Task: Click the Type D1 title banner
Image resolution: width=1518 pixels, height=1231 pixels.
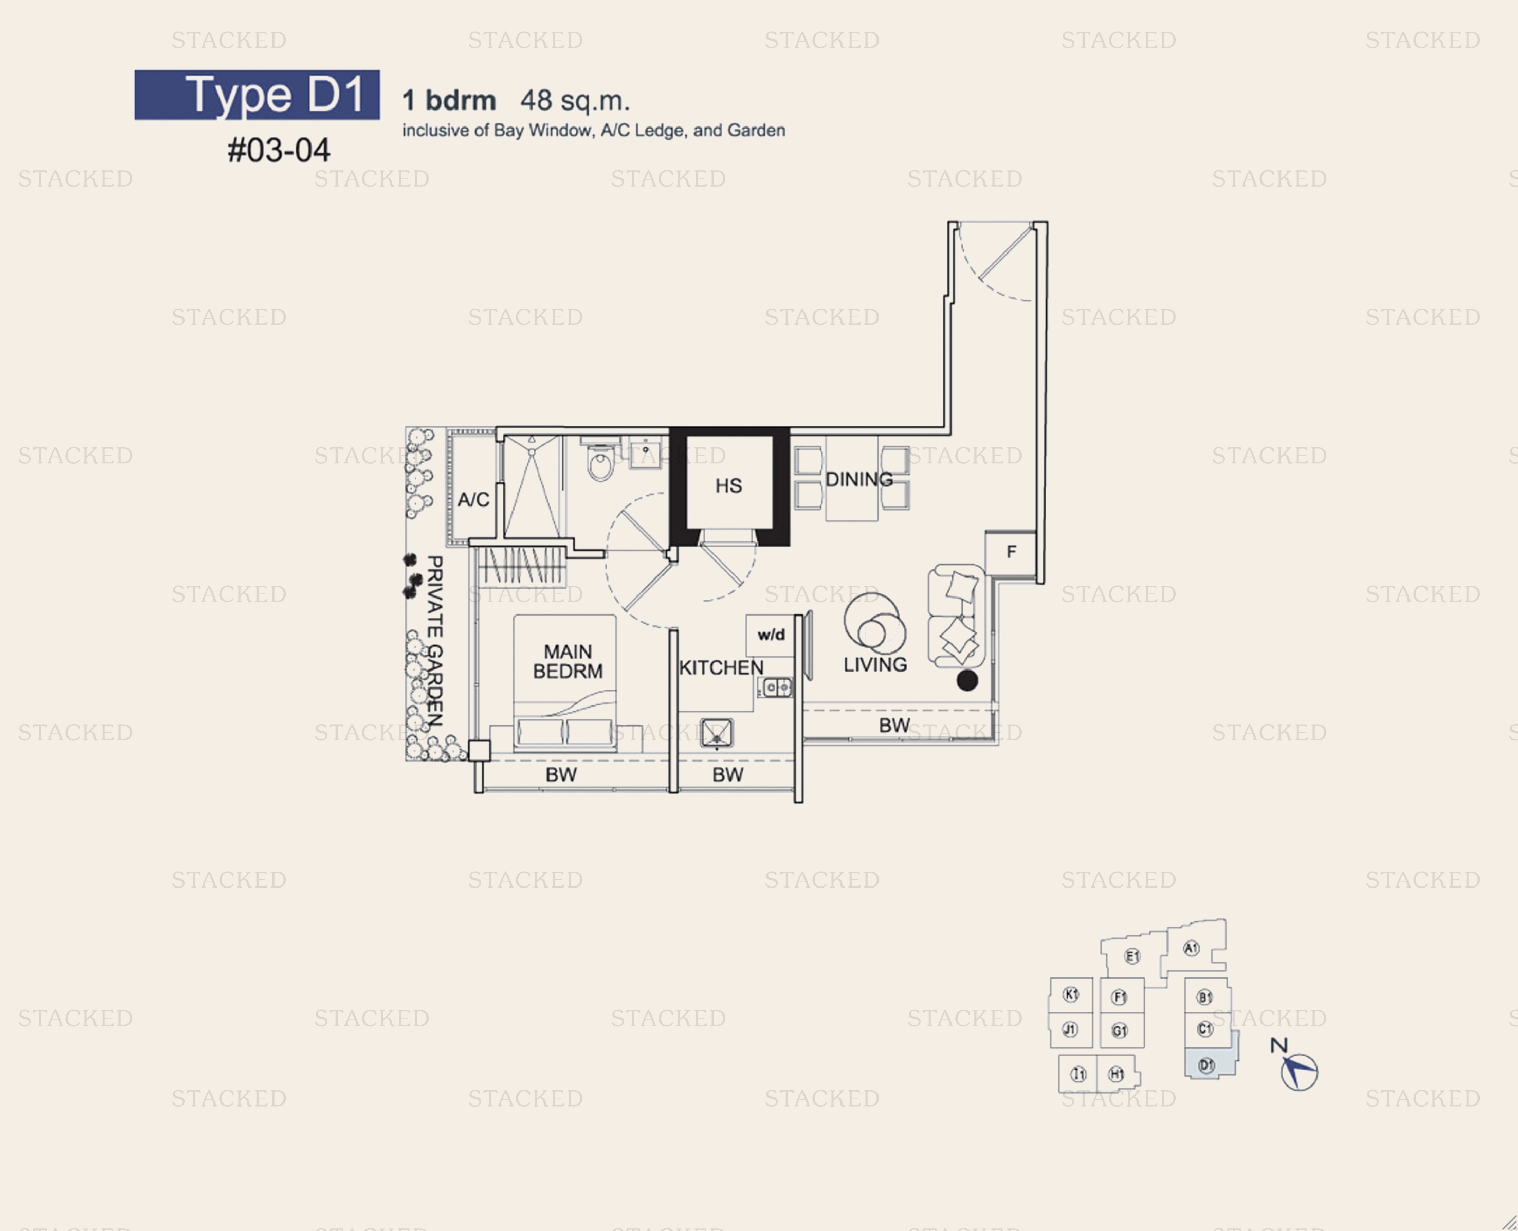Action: [257, 95]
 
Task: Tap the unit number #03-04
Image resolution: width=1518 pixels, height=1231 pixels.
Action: [279, 150]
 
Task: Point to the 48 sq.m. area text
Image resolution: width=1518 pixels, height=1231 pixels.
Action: [575, 101]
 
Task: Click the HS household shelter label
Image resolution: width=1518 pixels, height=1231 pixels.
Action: [728, 486]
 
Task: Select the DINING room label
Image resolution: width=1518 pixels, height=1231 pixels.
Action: [858, 479]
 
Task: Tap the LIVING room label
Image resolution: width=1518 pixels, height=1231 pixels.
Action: [875, 664]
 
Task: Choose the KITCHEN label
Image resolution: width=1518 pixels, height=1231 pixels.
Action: [721, 667]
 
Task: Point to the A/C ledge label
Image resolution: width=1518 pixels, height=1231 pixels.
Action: [473, 500]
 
